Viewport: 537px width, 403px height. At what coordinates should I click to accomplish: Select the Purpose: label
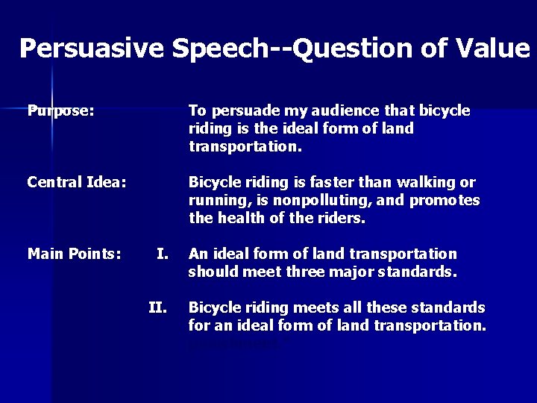(60, 111)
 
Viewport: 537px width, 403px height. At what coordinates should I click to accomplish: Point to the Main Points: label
(74, 254)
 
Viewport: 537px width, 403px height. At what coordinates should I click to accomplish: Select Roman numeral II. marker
(157, 307)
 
